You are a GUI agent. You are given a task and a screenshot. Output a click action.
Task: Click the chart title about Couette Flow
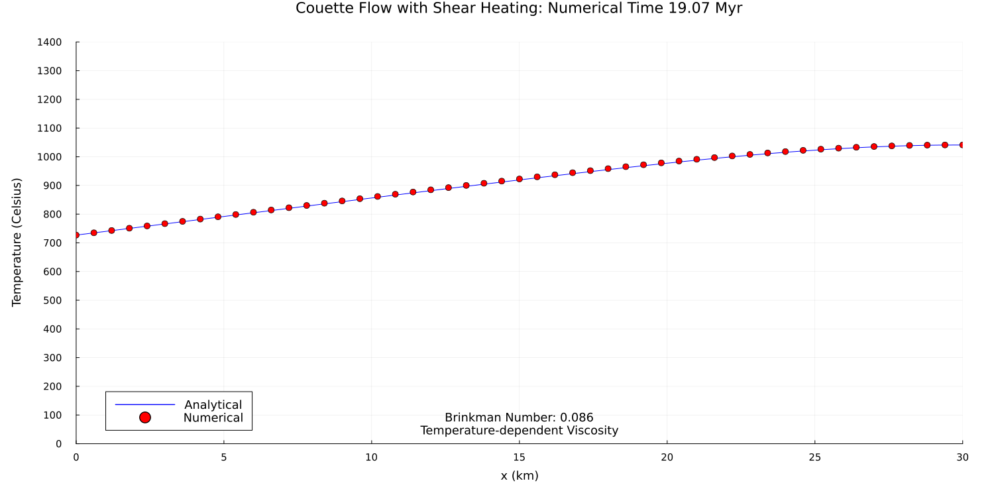coord(518,9)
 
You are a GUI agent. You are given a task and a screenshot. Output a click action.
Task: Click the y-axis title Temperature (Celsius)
coord(17,242)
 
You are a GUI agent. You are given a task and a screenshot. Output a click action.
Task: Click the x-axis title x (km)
coord(519,476)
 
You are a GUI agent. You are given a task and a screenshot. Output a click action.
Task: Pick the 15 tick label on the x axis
coord(519,457)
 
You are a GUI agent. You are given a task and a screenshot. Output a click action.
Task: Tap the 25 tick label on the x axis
coord(814,457)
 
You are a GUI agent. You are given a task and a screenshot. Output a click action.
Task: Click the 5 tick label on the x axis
coord(224,457)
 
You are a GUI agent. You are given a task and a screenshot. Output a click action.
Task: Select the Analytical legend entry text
coord(213,405)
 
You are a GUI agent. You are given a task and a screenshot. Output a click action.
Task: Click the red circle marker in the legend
coord(144,417)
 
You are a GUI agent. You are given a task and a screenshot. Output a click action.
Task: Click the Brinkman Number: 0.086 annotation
coord(519,418)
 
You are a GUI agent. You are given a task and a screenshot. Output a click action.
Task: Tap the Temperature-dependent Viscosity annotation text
coord(519,431)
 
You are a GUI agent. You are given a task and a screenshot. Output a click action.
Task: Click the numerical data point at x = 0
coord(76,235)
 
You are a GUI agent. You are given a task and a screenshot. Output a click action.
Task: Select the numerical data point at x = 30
coord(962,144)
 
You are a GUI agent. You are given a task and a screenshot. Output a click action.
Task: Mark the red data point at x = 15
coord(519,179)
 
